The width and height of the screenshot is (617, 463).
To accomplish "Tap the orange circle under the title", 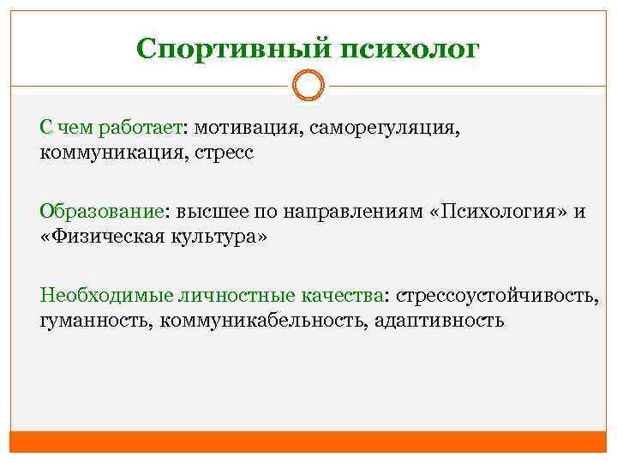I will coord(308,86).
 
